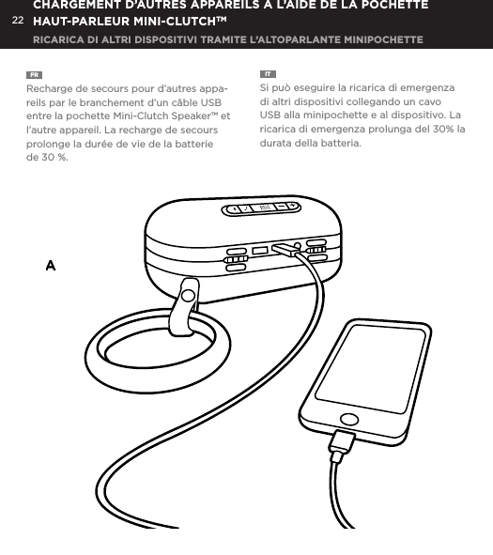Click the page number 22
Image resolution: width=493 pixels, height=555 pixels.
(x=17, y=19)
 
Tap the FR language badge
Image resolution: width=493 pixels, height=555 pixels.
(x=34, y=73)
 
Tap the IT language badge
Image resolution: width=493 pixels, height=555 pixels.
(x=268, y=73)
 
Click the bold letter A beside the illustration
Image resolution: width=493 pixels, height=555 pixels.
(x=51, y=267)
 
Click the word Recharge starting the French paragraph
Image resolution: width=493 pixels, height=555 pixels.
(x=52, y=89)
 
